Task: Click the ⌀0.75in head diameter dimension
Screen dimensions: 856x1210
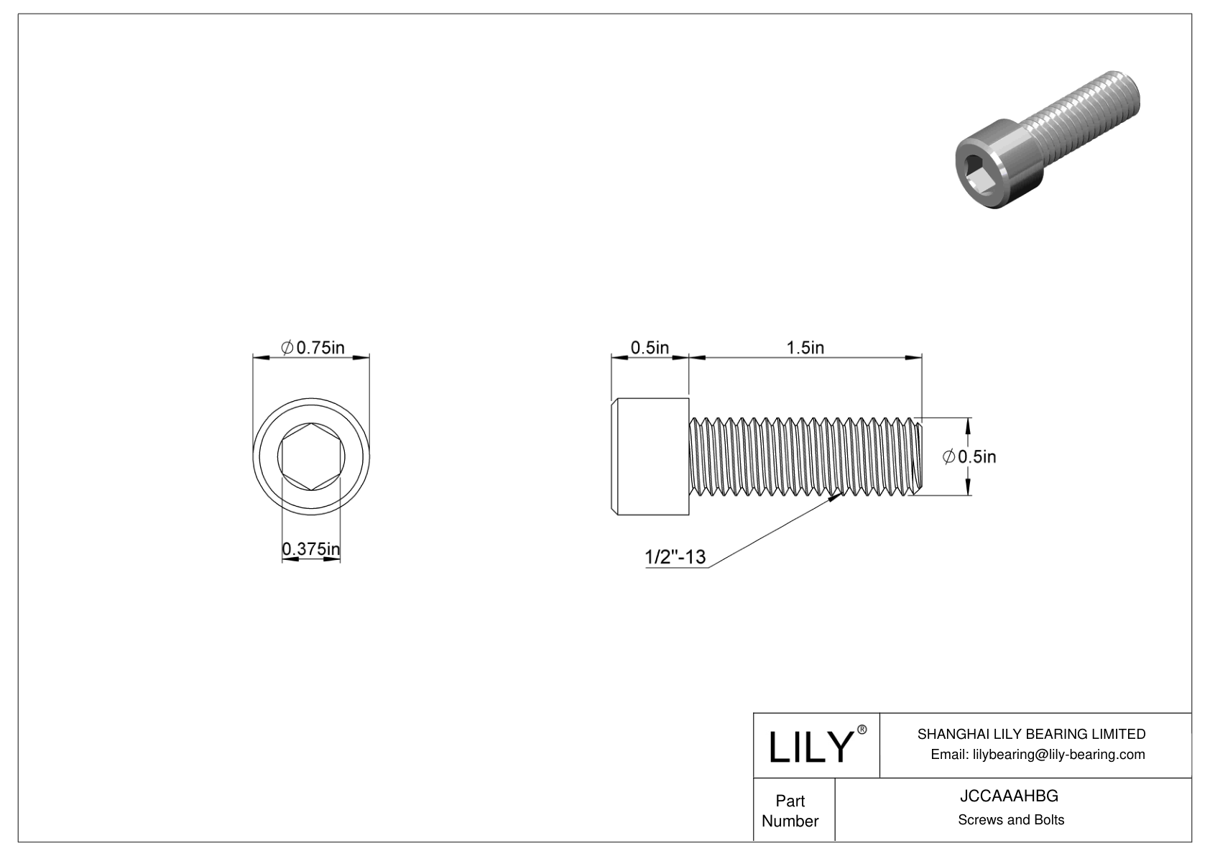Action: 312,348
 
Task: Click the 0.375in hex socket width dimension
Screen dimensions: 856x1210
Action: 310,550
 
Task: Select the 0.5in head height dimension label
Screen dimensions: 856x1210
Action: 650,348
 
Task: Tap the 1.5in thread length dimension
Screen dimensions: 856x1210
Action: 805,348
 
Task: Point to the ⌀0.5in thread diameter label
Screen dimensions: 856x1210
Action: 969,456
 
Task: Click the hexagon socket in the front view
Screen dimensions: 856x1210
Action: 310,456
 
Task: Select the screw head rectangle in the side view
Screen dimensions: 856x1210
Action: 650,456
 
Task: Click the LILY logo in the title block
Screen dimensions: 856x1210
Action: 810,747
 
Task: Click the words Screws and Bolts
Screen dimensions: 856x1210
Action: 1010,820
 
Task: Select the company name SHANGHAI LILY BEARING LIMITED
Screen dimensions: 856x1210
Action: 1031,734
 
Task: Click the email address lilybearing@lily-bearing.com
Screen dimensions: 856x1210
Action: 1038,754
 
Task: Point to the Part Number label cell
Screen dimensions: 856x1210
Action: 790,811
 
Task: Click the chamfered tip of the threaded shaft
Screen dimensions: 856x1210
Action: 918,456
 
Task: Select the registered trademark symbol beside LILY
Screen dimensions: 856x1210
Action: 862,729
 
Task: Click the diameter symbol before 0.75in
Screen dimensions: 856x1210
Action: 286,348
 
